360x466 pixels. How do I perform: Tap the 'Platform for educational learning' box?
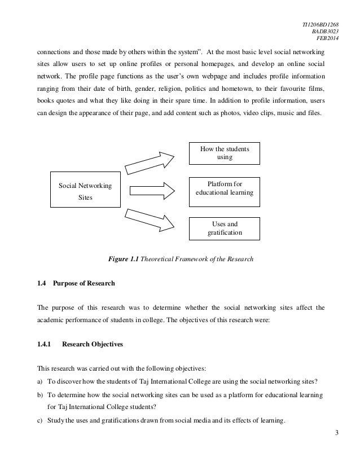pos(224,188)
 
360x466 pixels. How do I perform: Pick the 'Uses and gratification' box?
pos(224,228)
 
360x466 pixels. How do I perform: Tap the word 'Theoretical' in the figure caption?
pos(160,260)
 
